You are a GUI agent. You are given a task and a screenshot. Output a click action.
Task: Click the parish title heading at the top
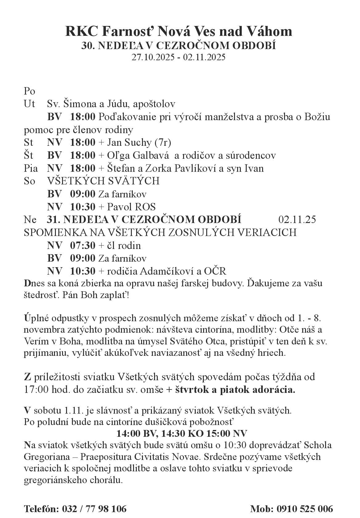178,32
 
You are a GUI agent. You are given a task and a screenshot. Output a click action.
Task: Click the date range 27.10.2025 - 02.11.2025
178,57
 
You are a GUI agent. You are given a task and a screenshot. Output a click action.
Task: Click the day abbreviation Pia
31,168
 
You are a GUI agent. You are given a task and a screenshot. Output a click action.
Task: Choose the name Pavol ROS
131,207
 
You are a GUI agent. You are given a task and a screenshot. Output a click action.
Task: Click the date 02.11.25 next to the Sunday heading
297,220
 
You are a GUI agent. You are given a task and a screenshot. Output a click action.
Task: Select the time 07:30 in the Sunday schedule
83,246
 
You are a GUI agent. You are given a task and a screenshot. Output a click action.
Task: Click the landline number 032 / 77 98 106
94,509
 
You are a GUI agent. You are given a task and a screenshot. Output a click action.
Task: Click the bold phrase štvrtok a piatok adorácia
235,390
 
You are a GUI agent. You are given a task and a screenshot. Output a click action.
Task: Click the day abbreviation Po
30,91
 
